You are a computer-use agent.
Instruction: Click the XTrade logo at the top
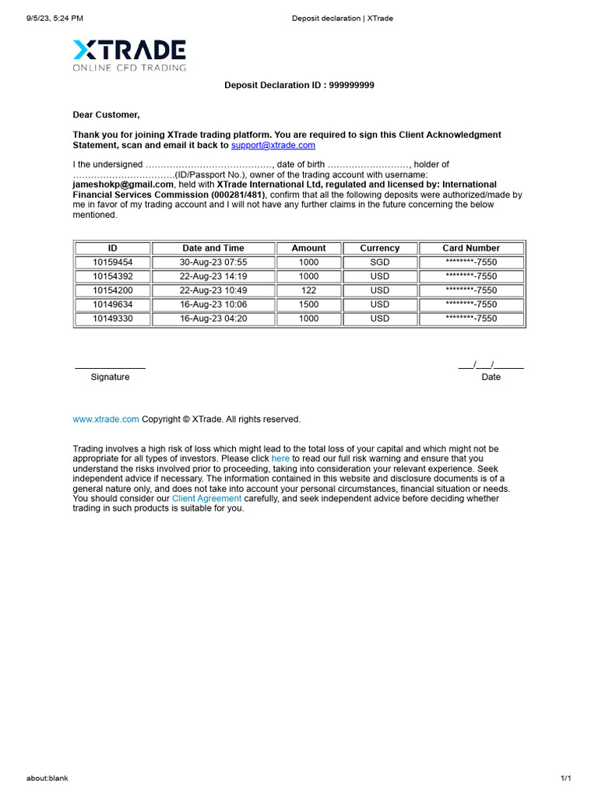pos(129,55)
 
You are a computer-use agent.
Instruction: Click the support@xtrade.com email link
pos(273,146)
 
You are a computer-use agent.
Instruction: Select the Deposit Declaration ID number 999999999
pos(349,86)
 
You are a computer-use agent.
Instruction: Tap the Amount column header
pos(308,248)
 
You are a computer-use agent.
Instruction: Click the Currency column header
pos(379,248)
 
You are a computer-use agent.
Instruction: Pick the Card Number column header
pos(471,248)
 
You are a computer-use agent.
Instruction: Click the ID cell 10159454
pos(113,262)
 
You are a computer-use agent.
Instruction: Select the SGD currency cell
pos(379,262)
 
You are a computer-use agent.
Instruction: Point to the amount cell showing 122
pos(308,290)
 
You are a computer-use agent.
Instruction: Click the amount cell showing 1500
pos(308,304)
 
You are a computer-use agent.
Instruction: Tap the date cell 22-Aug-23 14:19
pos(213,276)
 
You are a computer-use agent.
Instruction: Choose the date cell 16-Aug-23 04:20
pos(213,318)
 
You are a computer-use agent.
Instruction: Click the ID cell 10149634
pos(113,304)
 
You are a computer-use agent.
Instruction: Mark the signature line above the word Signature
pos(110,367)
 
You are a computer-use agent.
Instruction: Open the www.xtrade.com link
pos(106,420)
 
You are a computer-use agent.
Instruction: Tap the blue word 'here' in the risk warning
pos(280,459)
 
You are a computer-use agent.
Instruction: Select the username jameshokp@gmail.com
pos(123,185)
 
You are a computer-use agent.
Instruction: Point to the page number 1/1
pos(565,778)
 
